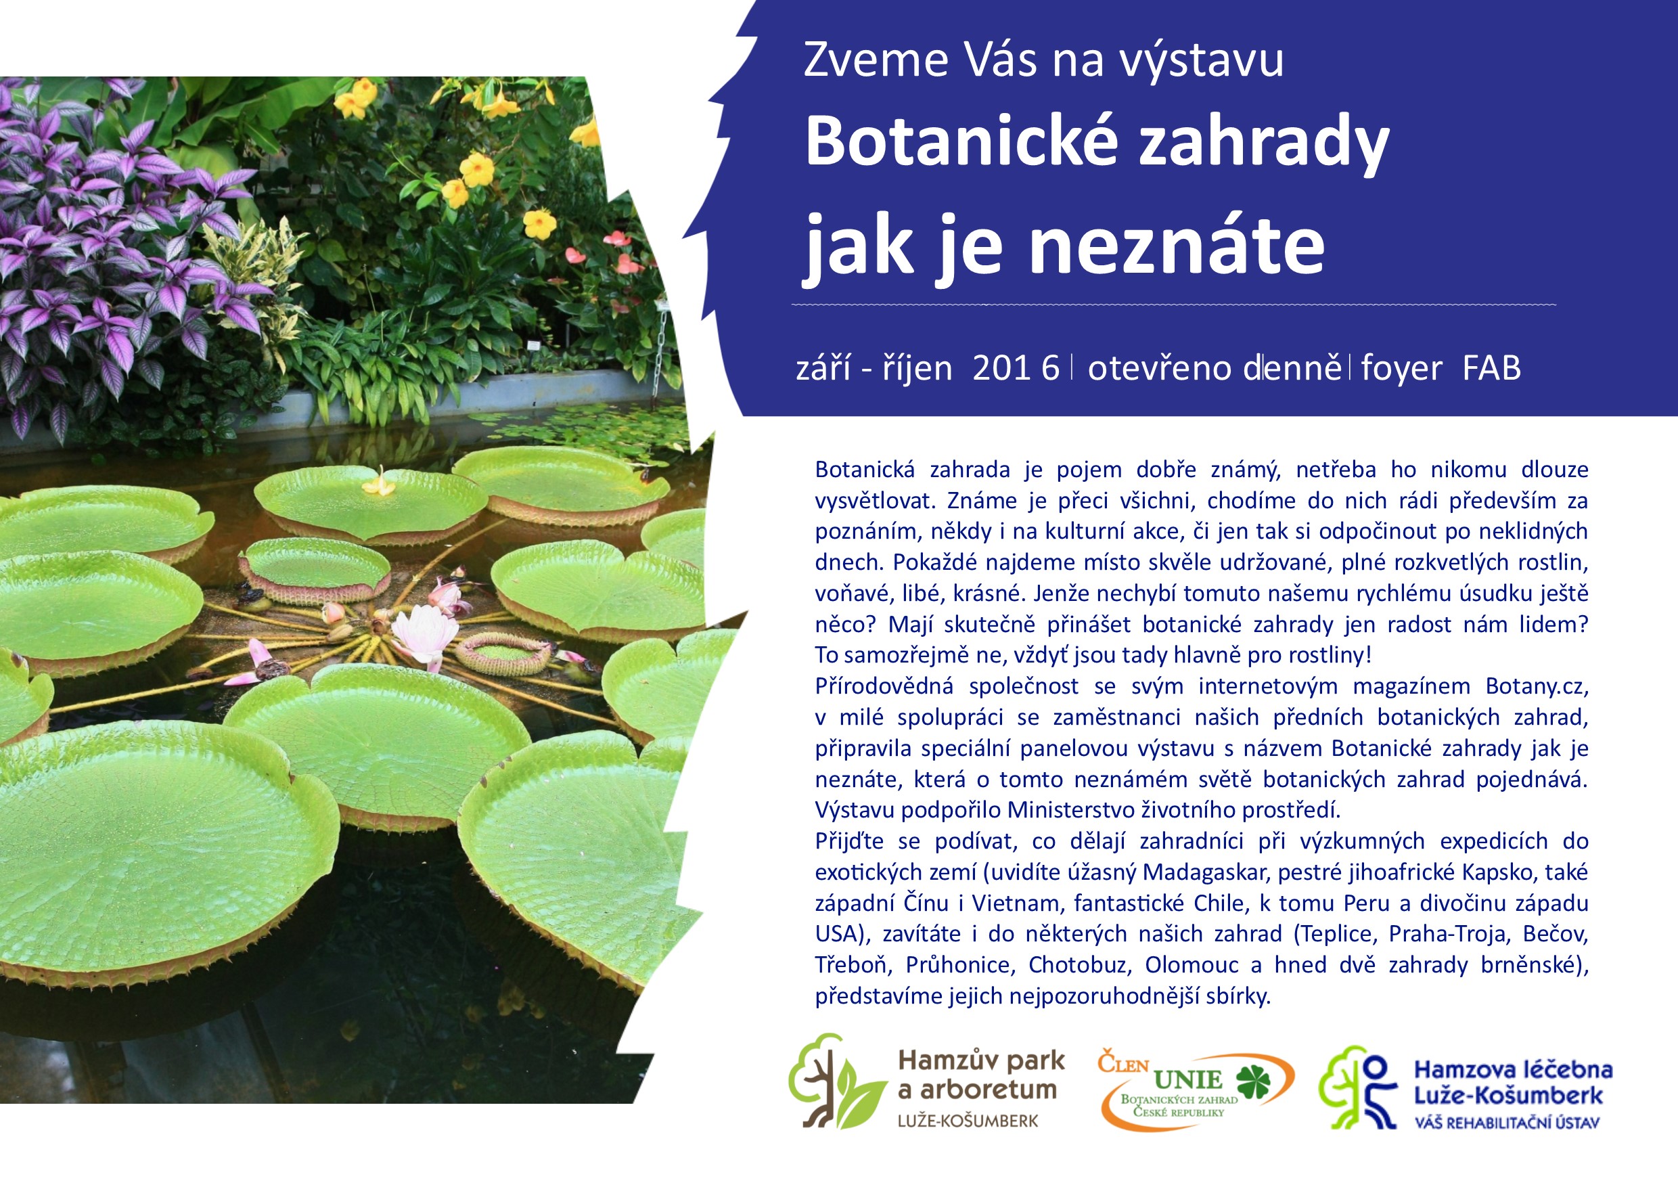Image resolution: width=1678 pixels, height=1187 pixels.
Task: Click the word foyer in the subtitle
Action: point(1401,369)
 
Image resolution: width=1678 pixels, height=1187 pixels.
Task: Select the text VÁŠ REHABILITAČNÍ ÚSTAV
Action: point(1507,1123)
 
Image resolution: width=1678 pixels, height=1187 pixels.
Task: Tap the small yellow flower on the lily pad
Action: point(380,483)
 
